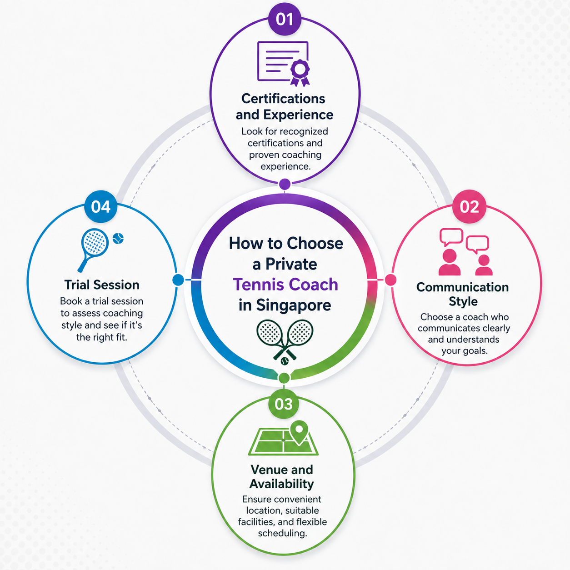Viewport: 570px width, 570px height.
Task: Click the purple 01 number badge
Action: click(x=285, y=19)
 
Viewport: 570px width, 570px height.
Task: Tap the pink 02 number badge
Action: click(x=469, y=206)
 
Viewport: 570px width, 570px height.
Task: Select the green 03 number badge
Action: click(x=284, y=404)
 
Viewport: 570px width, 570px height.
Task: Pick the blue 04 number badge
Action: click(x=101, y=206)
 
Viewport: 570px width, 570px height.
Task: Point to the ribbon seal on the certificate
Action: click(x=300, y=73)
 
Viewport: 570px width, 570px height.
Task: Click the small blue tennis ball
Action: click(x=118, y=239)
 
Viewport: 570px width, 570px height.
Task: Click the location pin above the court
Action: click(x=299, y=432)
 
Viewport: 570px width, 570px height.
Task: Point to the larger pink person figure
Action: click(x=449, y=262)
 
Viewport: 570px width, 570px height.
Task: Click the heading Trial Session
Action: click(x=102, y=285)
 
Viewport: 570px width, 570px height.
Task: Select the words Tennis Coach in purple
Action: click(x=285, y=285)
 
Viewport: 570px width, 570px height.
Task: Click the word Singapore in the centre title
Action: click(x=294, y=305)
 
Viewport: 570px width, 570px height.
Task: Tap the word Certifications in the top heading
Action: click(x=283, y=99)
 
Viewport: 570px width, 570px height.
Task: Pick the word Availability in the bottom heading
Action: click(x=282, y=484)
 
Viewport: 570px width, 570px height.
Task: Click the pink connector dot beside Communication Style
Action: click(x=390, y=280)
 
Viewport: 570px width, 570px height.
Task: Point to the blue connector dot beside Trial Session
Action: click(x=178, y=280)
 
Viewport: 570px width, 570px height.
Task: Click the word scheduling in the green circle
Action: click(x=282, y=533)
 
